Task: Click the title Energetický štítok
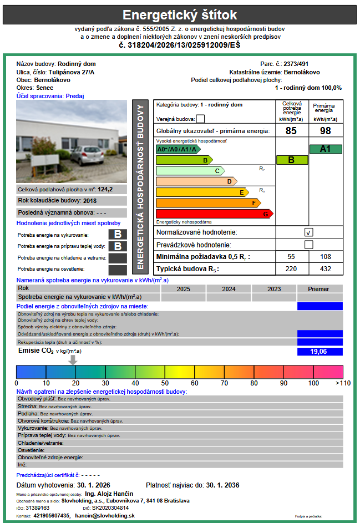point(180,14)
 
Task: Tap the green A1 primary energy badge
point(326,149)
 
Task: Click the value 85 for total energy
point(291,131)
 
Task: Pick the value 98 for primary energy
point(326,131)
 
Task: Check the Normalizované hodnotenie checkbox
point(309,232)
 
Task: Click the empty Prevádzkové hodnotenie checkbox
point(309,245)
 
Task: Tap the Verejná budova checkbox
point(200,118)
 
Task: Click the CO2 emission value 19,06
point(320,351)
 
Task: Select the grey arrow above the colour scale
point(72,360)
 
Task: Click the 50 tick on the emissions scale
point(165,383)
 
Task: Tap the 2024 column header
point(229,289)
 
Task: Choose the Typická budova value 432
point(326,269)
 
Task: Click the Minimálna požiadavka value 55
point(291,257)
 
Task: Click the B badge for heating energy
point(118,235)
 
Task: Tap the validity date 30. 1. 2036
point(222,485)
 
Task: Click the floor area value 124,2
point(105,189)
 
